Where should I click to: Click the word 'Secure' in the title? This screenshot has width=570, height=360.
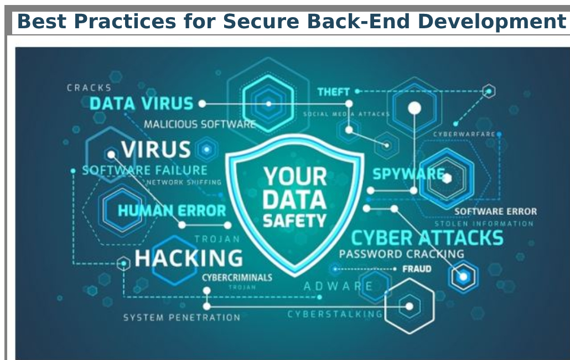click(263, 21)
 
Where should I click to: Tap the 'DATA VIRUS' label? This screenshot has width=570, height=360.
click(141, 104)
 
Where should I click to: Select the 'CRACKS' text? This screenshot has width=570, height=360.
click(89, 88)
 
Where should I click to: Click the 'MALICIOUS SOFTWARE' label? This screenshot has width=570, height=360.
click(200, 125)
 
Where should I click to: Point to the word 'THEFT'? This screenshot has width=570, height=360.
click(333, 91)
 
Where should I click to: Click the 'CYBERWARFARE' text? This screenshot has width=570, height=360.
click(464, 134)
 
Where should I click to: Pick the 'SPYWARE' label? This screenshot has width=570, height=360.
click(408, 174)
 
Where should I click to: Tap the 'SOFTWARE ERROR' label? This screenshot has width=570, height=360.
click(495, 211)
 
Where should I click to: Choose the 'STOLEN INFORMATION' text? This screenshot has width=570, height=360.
click(484, 224)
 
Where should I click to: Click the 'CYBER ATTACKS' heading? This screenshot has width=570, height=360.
click(427, 238)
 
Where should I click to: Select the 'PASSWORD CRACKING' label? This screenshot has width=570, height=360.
click(401, 254)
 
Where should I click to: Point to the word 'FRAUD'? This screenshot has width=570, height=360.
click(417, 269)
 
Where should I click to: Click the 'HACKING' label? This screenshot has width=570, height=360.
click(188, 258)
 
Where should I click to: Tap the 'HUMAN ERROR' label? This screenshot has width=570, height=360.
click(172, 210)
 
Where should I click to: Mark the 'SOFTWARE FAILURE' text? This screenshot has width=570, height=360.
click(144, 170)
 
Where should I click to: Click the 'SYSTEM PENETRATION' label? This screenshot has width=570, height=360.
click(182, 318)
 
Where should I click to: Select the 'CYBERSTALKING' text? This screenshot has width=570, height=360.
click(335, 314)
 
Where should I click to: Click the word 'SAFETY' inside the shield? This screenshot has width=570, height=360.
click(294, 221)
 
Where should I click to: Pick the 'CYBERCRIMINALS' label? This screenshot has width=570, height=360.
click(237, 277)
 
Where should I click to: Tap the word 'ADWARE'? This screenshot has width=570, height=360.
click(338, 286)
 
